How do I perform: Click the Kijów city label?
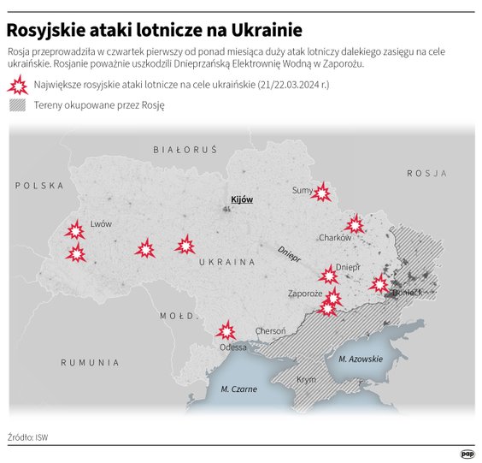pos(242,199)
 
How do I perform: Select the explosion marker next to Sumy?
pos(320,193)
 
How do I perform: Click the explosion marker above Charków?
pos(355,225)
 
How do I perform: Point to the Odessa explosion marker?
pos(226,329)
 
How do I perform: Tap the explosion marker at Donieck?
pos(379,283)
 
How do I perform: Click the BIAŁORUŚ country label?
pos(185,149)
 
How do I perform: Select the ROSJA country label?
pos(426,173)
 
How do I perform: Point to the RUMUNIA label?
pos(90,363)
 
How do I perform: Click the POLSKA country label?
pos(39,185)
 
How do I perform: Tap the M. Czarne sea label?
pos(238,389)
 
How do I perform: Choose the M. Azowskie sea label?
pos(361,359)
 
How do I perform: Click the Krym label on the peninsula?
pos(305,379)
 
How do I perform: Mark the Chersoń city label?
pos(271,331)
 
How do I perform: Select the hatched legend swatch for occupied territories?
pos(17,105)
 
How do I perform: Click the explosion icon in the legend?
pos(17,85)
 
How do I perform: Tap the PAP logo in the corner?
pos(467,454)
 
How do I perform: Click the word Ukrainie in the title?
pos(256,31)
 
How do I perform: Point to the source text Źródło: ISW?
pos(28,436)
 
